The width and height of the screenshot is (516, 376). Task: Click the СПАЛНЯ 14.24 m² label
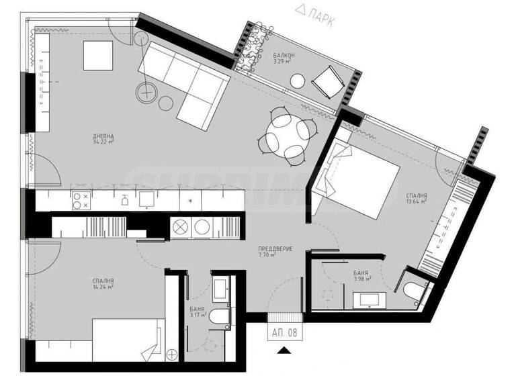[103, 285]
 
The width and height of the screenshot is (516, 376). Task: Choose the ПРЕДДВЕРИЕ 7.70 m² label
[275, 252]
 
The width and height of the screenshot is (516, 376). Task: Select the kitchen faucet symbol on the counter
[124, 199]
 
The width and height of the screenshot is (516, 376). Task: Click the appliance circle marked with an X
[180, 227]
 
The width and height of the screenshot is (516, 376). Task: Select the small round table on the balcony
[298, 81]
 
